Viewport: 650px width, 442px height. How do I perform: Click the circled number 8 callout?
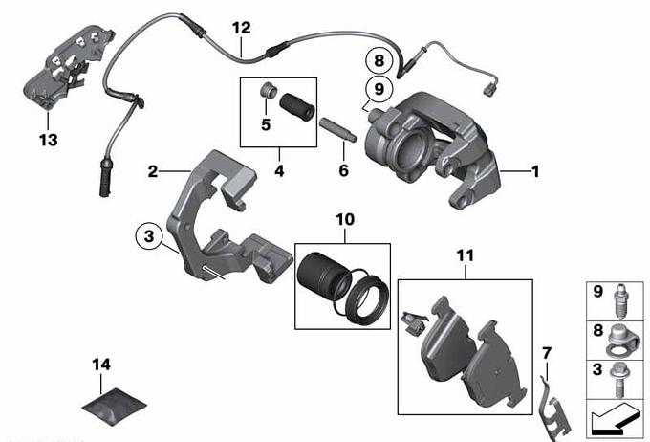click(x=379, y=60)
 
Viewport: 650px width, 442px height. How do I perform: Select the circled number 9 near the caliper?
click(x=379, y=89)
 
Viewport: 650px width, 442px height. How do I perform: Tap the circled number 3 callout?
click(x=149, y=236)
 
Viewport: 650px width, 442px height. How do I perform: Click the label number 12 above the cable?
click(x=242, y=28)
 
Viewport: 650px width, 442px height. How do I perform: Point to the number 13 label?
click(x=49, y=140)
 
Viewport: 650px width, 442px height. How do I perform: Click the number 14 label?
click(x=101, y=365)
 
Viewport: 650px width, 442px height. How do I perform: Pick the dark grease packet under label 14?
click(x=115, y=407)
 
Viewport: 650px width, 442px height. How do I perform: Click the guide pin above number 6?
click(x=337, y=129)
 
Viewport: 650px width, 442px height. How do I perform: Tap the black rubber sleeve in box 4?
click(x=297, y=107)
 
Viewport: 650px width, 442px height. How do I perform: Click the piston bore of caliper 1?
click(x=412, y=148)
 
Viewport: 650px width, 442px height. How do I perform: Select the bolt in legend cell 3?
click(x=618, y=380)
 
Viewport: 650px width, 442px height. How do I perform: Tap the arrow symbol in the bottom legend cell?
click(x=615, y=417)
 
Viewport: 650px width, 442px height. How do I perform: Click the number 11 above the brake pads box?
click(x=466, y=256)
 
